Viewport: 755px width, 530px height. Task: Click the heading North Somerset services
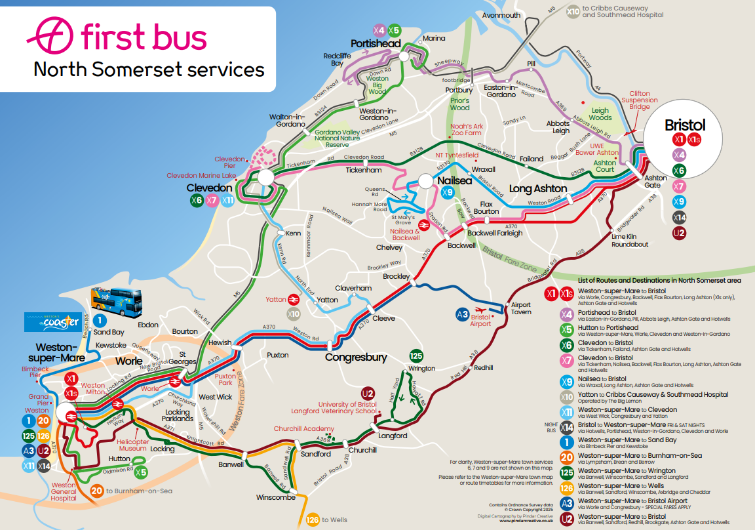(x=149, y=70)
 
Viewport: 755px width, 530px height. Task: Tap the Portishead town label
(x=376, y=43)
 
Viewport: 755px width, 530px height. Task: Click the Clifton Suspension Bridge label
(x=640, y=100)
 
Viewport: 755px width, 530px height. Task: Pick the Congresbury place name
(x=356, y=357)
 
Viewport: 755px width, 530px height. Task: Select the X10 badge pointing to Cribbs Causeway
(x=573, y=11)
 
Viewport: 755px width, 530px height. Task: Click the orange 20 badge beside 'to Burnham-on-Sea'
(x=97, y=490)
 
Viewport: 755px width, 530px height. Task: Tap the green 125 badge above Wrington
(x=416, y=356)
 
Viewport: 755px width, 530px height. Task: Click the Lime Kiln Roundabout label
(x=630, y=240)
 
